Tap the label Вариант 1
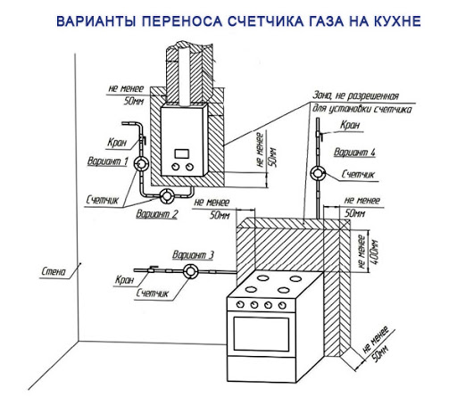pos(108,161)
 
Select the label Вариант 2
pos(157,214)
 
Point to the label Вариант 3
pos(193,255)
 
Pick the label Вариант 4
pos(354,152)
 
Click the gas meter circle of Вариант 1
pos(141,163)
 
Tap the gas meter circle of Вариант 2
pos(167,196)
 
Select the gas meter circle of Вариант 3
pos(190,271)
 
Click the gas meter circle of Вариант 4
pos(318,174)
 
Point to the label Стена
pos(54,271)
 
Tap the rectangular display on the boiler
pos(182,153)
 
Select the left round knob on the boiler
pos(176,167)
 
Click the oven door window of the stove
pos(262,334)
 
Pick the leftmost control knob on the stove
pos(240,304)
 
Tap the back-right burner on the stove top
pos(296,278)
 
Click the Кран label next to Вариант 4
pos(351,125)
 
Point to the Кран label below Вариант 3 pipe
pos(125,280)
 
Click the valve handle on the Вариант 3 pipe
pos(154,268)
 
